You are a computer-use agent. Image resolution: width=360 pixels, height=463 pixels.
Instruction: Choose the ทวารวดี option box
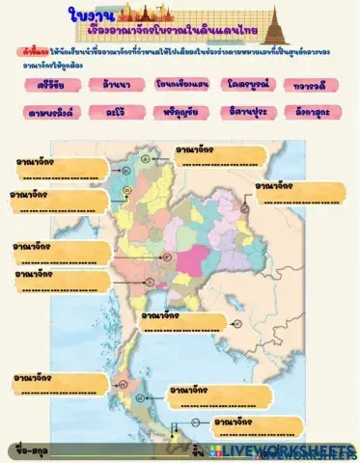tap(312, 86)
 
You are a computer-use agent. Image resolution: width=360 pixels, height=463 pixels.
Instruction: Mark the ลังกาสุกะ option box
tap(312, 112)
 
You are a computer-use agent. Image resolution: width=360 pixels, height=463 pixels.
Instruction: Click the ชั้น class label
tap(198, 449)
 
